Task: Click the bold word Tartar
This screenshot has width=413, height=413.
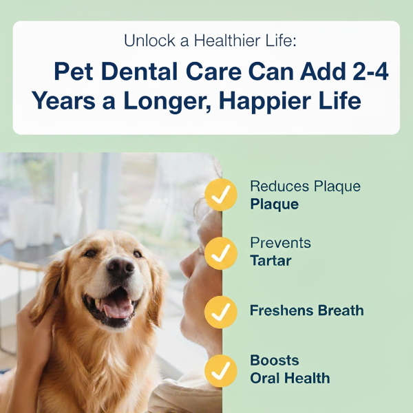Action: pyautogui.click(x=271, y=261)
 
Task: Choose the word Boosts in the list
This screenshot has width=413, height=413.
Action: pyautogui.click(x=275, y=361)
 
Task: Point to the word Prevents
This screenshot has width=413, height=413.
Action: pyautogui.click(x=280, y=243)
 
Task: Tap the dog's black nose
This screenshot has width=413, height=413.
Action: pyautogui.click(x=120, y=268)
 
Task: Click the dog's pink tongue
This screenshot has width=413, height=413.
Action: pyautogui.click(x=116, y=304)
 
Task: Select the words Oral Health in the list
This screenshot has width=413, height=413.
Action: pyautogui.click(x=290, y=378)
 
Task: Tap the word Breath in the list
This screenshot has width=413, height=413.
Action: pyautogui.click(x=338, y=310)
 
